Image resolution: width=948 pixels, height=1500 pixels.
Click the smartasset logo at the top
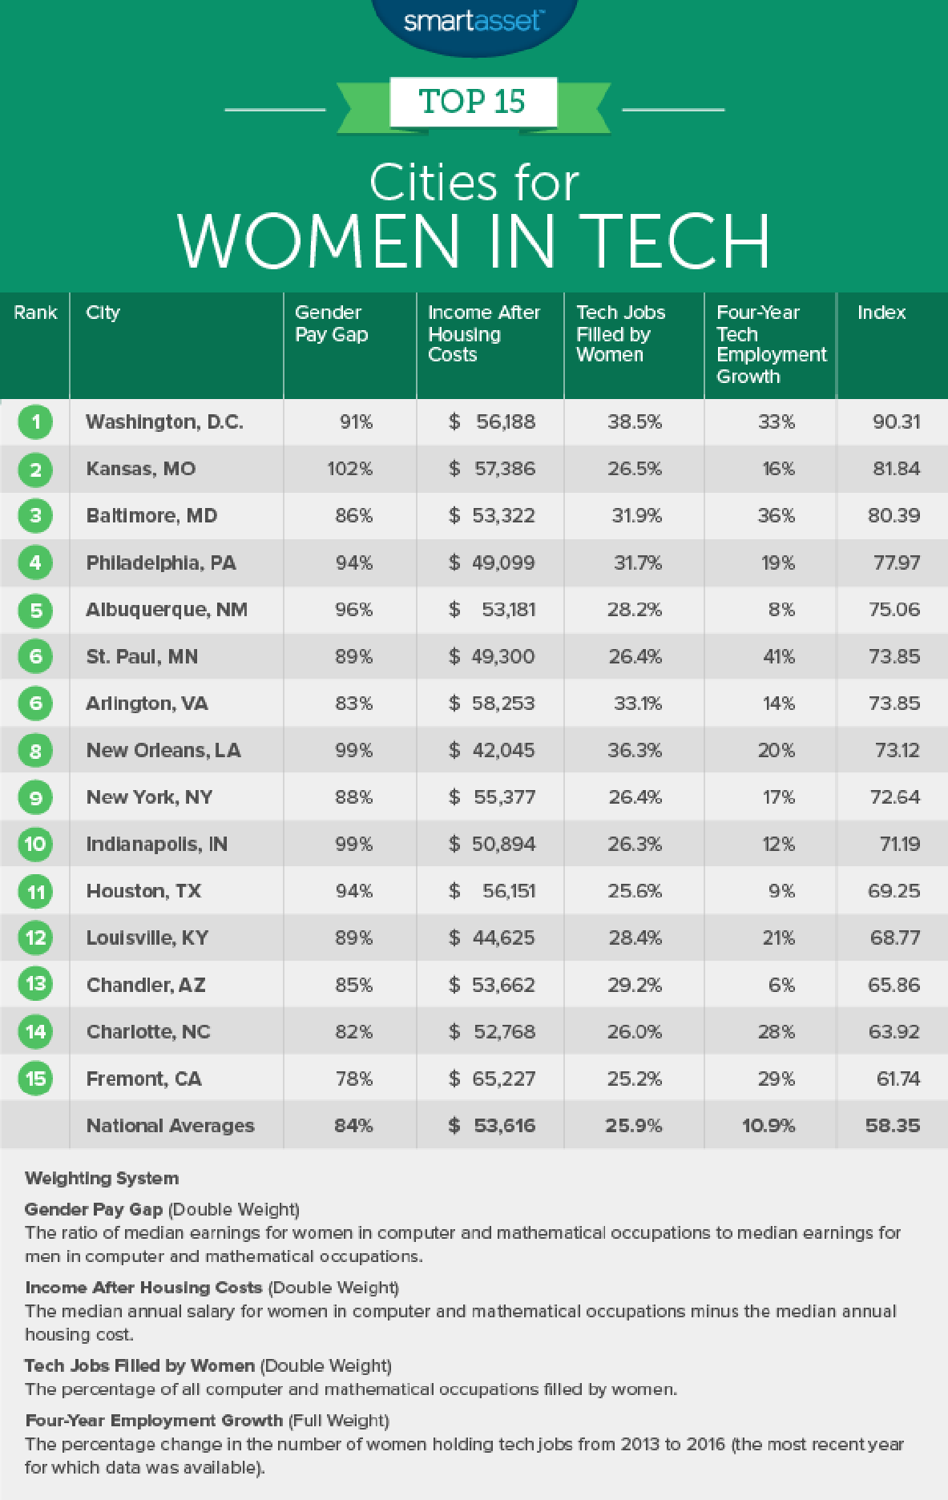473,21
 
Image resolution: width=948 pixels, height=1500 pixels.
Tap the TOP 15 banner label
472,102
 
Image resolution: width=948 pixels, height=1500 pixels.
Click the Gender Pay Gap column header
332,324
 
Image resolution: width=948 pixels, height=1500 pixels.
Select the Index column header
881,312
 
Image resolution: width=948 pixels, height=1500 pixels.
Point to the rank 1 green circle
35,422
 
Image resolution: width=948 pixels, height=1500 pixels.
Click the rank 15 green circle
35,1079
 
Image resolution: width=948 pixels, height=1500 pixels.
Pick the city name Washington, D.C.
164,422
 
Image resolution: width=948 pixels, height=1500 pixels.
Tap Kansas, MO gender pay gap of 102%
349,469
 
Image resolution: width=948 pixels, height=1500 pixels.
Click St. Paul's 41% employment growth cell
777,657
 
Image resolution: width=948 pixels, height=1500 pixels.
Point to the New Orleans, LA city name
163,751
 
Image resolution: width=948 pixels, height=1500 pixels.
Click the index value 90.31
896,422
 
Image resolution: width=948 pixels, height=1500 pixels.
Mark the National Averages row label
170,1126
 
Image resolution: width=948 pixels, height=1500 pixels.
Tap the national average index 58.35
892,1126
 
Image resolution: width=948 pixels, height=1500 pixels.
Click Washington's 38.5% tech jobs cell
635,422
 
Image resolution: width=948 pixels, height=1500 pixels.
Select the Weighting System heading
102,1178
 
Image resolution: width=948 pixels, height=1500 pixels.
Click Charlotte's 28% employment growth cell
777,1032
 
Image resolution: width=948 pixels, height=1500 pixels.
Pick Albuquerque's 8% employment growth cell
781,610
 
